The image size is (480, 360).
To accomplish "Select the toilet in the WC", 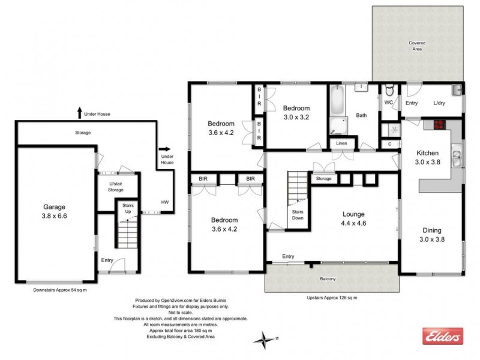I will [389, 92].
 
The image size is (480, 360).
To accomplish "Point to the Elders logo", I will [443, 337].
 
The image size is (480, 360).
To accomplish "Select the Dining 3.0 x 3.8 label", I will [431, 235].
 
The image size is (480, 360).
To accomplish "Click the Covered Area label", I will [417, 46].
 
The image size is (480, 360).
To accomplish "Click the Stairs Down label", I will [298, 215].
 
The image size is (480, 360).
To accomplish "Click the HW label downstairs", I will [164, 202].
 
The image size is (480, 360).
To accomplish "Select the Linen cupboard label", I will [341, 143].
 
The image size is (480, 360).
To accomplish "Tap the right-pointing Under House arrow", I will [164, 150].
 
